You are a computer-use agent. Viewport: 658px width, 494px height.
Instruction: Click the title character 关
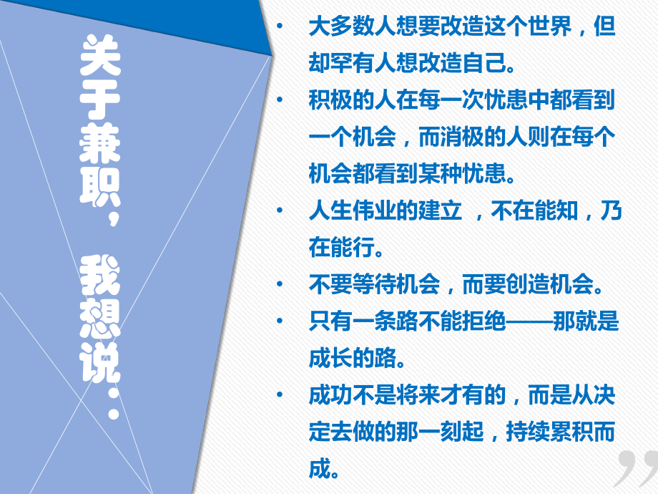coord(101,58)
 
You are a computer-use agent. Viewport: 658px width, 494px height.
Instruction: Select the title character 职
coord(101,183)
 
